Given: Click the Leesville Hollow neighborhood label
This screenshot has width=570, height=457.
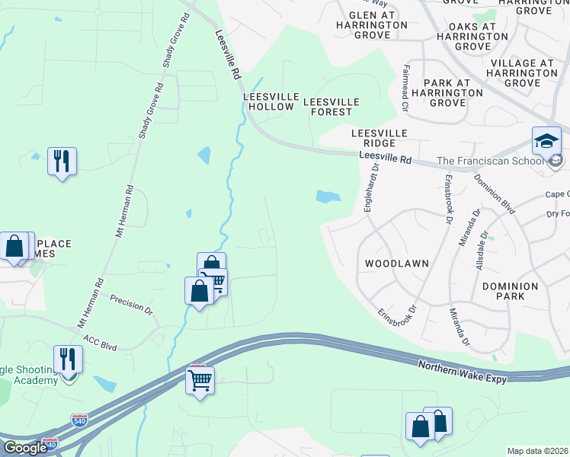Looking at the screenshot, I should pyautogui.click(x=268, y=102).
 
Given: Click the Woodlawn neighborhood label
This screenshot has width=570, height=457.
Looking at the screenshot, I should pyautogui.click(x=396, y=263).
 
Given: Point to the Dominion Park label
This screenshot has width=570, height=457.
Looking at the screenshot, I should pyautogui.click(x=511, y=292).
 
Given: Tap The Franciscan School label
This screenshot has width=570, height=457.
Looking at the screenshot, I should pyautogui.click(x=490, y=161).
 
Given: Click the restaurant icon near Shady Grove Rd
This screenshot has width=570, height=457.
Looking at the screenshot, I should pyautogui.click(x=62, y=161).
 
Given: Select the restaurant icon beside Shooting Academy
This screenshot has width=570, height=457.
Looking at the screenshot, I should pyautogui.click(x=68, y=359).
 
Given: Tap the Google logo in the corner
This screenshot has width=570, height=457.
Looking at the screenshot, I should pyautogui.click(x=25, y=448).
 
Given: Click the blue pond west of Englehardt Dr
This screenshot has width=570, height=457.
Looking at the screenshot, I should pyautogui.click(x=328, y=197).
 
